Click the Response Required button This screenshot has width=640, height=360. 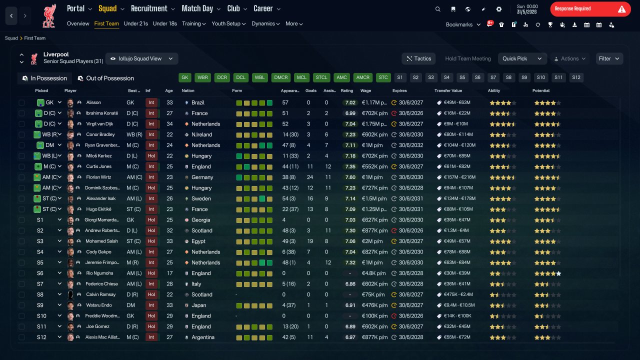[590, 9]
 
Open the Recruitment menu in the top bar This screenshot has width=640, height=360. [152, 8]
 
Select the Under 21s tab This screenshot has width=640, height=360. [135, 23]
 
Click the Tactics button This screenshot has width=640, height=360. [418, 58]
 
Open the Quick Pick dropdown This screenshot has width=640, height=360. [522, 58]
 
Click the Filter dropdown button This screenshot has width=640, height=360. [609, 58]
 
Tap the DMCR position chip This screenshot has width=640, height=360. [281, 77]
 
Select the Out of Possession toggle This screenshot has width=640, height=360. [106, 78]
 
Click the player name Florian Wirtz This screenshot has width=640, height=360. [98, 177]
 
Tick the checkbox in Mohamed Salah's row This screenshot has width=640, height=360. [21, 241]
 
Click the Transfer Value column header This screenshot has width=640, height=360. [448, 90]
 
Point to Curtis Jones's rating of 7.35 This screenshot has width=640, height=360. [350, 166]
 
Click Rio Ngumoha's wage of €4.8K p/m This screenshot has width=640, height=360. [373, 273]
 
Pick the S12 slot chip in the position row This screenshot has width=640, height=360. [576, 77]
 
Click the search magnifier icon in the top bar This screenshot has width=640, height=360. [437, 9]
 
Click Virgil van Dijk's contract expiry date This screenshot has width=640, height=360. [411, 124]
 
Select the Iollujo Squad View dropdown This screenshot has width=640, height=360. [141, 58]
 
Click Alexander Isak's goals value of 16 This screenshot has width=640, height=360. [310, 198]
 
